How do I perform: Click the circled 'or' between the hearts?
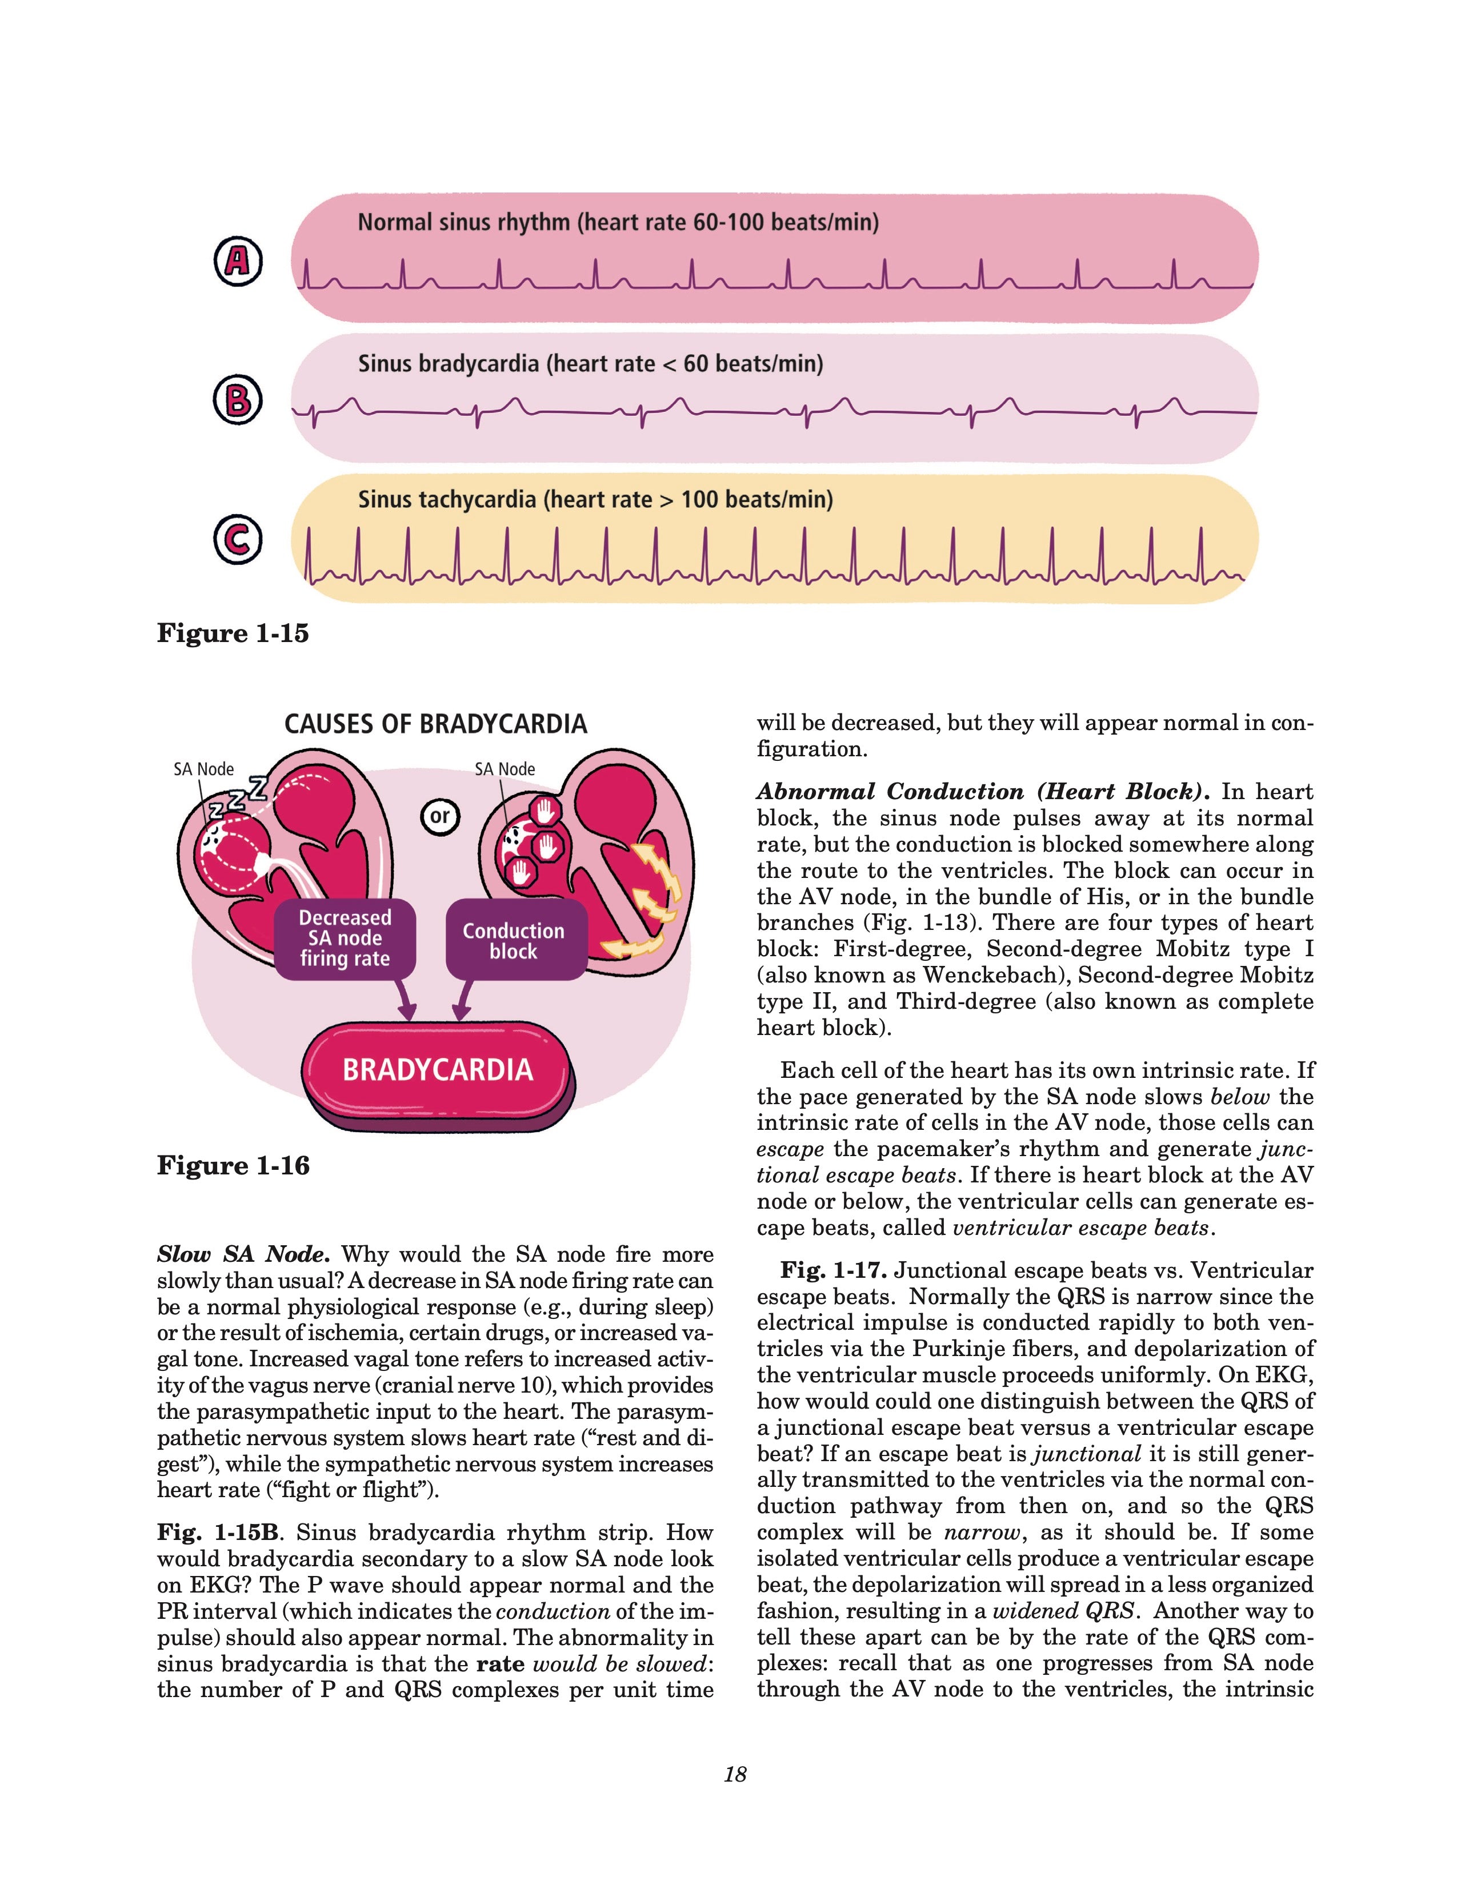point(440,816)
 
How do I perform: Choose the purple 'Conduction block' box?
point(514,941)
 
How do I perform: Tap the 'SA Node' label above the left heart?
point(204,769)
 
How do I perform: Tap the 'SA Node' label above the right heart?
point(505,769)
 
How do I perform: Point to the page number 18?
point(735,1775)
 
